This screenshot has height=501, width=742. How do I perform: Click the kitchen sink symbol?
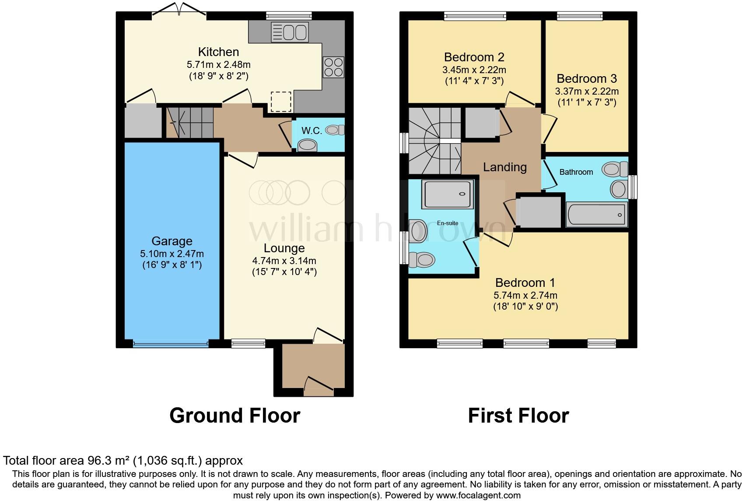click(x=290, y=32)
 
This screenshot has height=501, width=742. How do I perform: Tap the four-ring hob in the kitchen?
click(x=333, y=67)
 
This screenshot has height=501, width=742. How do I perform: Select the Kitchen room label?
click(x=218, y=52)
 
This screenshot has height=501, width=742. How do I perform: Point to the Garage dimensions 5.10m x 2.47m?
click(x=172, y=254)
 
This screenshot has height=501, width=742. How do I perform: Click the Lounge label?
click(x=284, y=248)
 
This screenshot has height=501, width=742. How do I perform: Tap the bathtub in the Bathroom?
click(x=596, y=215)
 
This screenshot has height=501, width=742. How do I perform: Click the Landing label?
click(x=504, y=167)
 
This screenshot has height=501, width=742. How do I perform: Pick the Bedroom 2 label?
click(x=474, y=57)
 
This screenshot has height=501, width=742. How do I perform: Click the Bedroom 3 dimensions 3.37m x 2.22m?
click(x=587, y=92)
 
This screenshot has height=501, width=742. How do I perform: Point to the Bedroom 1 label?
click(x=525, y=282)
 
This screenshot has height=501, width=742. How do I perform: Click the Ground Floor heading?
click(x=234, y=415)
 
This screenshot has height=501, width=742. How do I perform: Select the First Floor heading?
click(x=518, y=415)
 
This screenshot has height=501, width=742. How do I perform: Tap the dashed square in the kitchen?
click(x=281, y=102)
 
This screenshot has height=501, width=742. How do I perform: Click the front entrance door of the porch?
click(x=318, y=386)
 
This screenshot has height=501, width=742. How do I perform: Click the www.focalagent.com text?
click(x=478, y=496)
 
